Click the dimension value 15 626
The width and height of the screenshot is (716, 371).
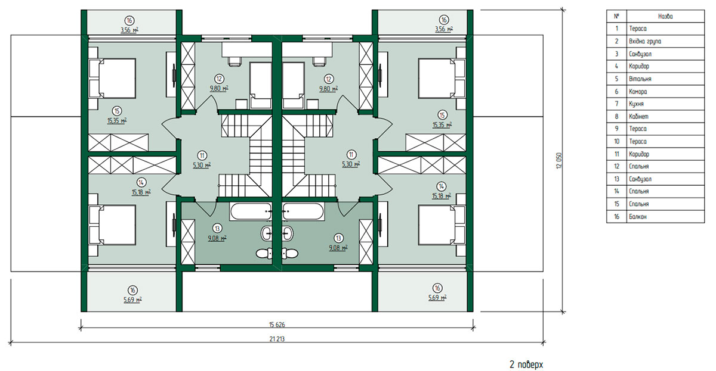[x=277, y=325]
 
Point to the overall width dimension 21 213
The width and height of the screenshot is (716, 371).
[x=277, y=339]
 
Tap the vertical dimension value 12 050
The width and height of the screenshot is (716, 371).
[x=558, y=160]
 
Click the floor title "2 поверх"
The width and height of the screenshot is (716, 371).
[x=526, y=364]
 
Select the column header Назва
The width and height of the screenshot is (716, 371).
[x=665, y=16]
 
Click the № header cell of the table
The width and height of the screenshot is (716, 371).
[x=616, y=16]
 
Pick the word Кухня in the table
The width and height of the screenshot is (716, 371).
[x=636, y=104]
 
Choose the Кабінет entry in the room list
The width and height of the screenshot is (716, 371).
[x=638, y=117]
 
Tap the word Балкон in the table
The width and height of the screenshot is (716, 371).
[x=638, y=217]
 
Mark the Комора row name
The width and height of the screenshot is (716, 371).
[x=638, y=92]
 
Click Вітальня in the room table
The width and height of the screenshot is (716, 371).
[x=640, y=79]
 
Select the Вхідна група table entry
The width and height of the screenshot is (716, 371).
[x=645, y=41]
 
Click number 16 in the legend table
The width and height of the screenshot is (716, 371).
[x=616, y=217]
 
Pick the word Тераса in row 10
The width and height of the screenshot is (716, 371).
[x=638, y=141]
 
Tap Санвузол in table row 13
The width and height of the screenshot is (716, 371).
[x=640, y=179]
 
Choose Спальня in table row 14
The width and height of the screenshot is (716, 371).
[x=638, y=191]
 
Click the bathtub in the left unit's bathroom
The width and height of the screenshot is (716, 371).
[x=251, y=211]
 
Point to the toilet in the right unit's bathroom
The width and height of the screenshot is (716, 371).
[x=289, y=254]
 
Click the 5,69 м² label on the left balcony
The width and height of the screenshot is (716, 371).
[x=132, y=300]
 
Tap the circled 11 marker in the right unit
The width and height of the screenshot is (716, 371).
[x=351, y=155]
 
